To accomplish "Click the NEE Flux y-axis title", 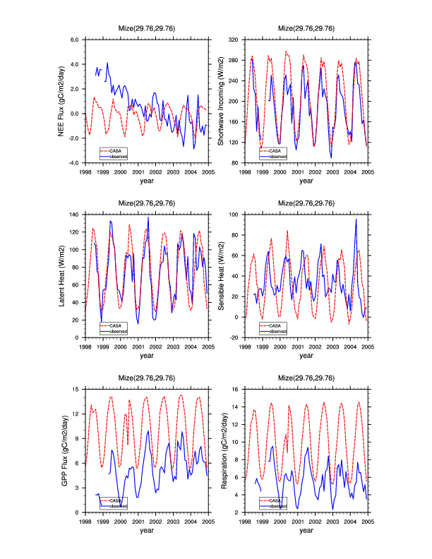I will (62, 101).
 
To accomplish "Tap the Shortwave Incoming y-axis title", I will (221, 101).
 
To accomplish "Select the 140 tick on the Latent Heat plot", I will (76, 214).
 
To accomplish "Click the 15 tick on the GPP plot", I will (78, 389).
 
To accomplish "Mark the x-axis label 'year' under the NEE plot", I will (147, 181).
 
